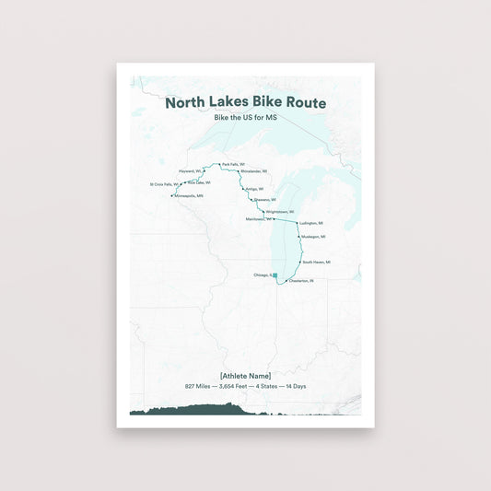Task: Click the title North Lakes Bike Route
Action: (x=245, y=103)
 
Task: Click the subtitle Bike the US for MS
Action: (x=245, y=119)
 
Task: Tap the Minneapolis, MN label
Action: (x=189, y=195)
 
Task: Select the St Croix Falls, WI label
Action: (x=164, y=184)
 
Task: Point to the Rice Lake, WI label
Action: (x=199, y=182)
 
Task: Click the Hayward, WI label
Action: (x=190, y=171)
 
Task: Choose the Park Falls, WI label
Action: (x=233, y=164)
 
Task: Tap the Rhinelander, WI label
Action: (x=254, y=171)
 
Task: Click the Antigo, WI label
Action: (x=254, y=188)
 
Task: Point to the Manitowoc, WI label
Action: (x=258, y=219)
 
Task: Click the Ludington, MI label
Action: (x=311, y=223)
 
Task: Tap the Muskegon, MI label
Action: (x=313, y=237)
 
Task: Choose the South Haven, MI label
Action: (x=316, y=262)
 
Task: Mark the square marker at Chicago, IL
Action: (x=275, y=275)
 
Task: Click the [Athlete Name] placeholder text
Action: (x=245, y=376)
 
